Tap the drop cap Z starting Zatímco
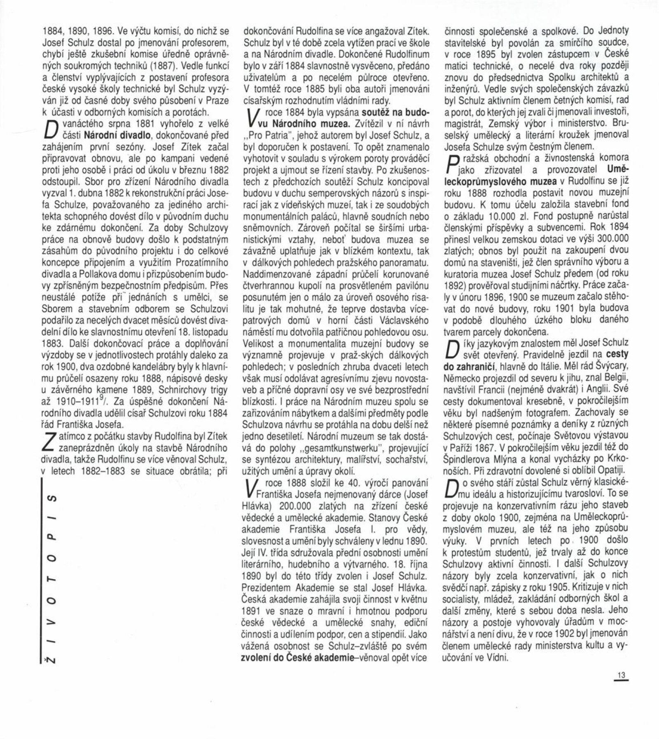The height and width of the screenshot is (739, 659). tap(49, 442)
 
